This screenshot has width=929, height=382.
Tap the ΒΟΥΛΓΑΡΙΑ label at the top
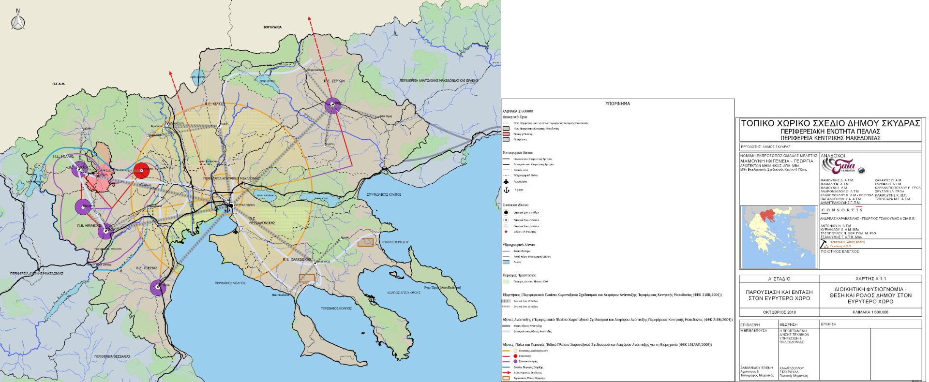click(x=272, y=28)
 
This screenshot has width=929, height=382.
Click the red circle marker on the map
click(x=142, y=171)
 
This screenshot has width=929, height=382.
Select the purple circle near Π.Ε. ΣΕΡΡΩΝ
click(x=333, y=105)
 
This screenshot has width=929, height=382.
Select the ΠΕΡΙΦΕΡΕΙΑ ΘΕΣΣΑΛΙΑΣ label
click(x=112, y=356)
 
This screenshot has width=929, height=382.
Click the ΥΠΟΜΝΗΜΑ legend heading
click(x=617, y=103)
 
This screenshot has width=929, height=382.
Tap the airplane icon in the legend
click(x=506, y=182)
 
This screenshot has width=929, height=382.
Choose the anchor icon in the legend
click(x=506, y=190)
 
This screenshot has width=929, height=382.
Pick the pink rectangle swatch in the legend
click(x=506, y=134)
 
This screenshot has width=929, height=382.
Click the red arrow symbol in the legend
click(x=506, y=372)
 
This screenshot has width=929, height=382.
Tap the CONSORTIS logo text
click(x=841, y=210)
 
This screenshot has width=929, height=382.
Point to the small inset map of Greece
click(x=778, y=237)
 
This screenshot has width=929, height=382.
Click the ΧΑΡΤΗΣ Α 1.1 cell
click(x=870, y=279)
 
